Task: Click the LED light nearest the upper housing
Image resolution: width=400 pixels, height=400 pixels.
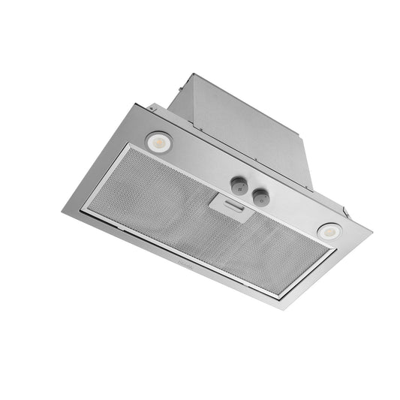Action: point(159,140)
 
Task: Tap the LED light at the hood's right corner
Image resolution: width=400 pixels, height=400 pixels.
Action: point(328,232)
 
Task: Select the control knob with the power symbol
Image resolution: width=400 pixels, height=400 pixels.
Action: point(259,197)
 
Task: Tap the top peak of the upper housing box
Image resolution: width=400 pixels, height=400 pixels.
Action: point(193,74)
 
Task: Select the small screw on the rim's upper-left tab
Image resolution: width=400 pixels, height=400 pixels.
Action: point(150,109)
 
